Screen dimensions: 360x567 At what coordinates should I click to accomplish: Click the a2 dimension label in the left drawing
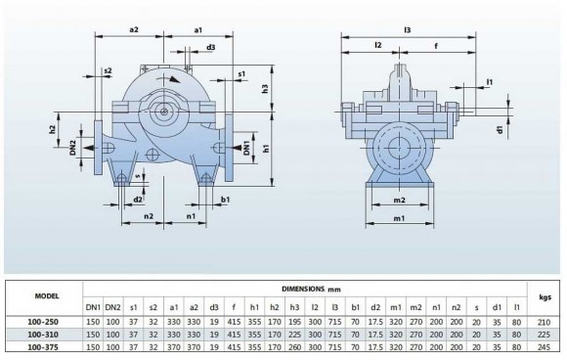[x=134, y=30]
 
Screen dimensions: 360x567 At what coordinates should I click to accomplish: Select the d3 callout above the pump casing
[x=210, y=47]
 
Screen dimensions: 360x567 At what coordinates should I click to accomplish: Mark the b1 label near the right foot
[x=225, y=200]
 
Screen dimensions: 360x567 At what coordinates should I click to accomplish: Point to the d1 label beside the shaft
[x=499, y=127]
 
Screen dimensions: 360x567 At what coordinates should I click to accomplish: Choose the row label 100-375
[x=45, y=346]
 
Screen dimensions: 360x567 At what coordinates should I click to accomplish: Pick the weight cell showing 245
[x=545, y=346]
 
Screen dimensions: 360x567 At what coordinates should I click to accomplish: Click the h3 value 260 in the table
[x=294, y=346]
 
